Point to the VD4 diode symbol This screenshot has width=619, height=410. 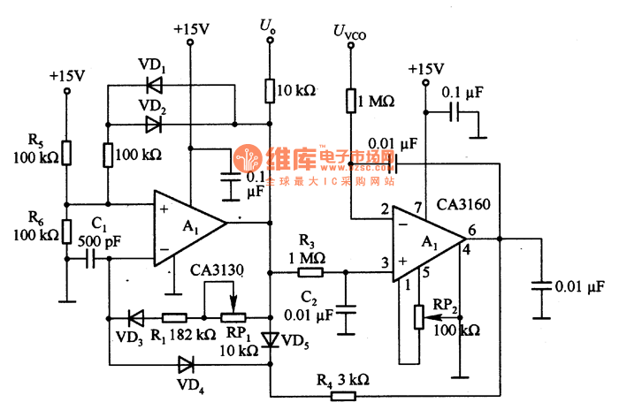click(186, 363)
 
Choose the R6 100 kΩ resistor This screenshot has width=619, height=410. click(66, 232)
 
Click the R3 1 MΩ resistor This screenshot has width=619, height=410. click(311, 274)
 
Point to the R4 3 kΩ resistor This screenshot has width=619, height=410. click(344, 394)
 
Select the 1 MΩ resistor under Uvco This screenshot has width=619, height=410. click(350, 101)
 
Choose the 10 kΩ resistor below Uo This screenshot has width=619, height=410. click(269, 90)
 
